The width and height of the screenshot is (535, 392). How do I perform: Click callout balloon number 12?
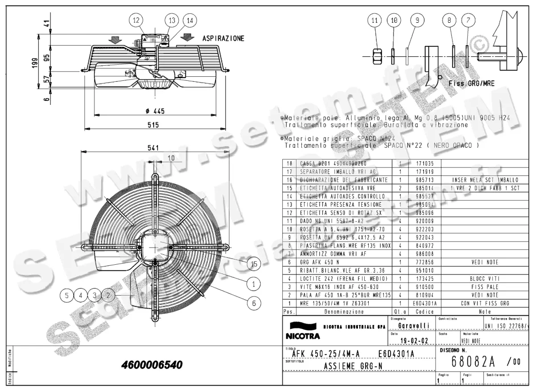point(136,20)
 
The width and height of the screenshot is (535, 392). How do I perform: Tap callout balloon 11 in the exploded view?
point(375,20)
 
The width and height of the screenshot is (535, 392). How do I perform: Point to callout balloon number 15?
point(254,264)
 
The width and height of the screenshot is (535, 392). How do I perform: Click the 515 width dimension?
point(153,126)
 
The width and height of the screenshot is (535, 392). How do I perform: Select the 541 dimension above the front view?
point(154,148)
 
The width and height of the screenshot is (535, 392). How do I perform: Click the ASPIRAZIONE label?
point(223,39)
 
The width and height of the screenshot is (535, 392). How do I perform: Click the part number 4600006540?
point(152,365)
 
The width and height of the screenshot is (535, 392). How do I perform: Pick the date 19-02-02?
point(415,340)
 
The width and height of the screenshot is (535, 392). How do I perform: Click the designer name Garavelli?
point(413,326)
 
